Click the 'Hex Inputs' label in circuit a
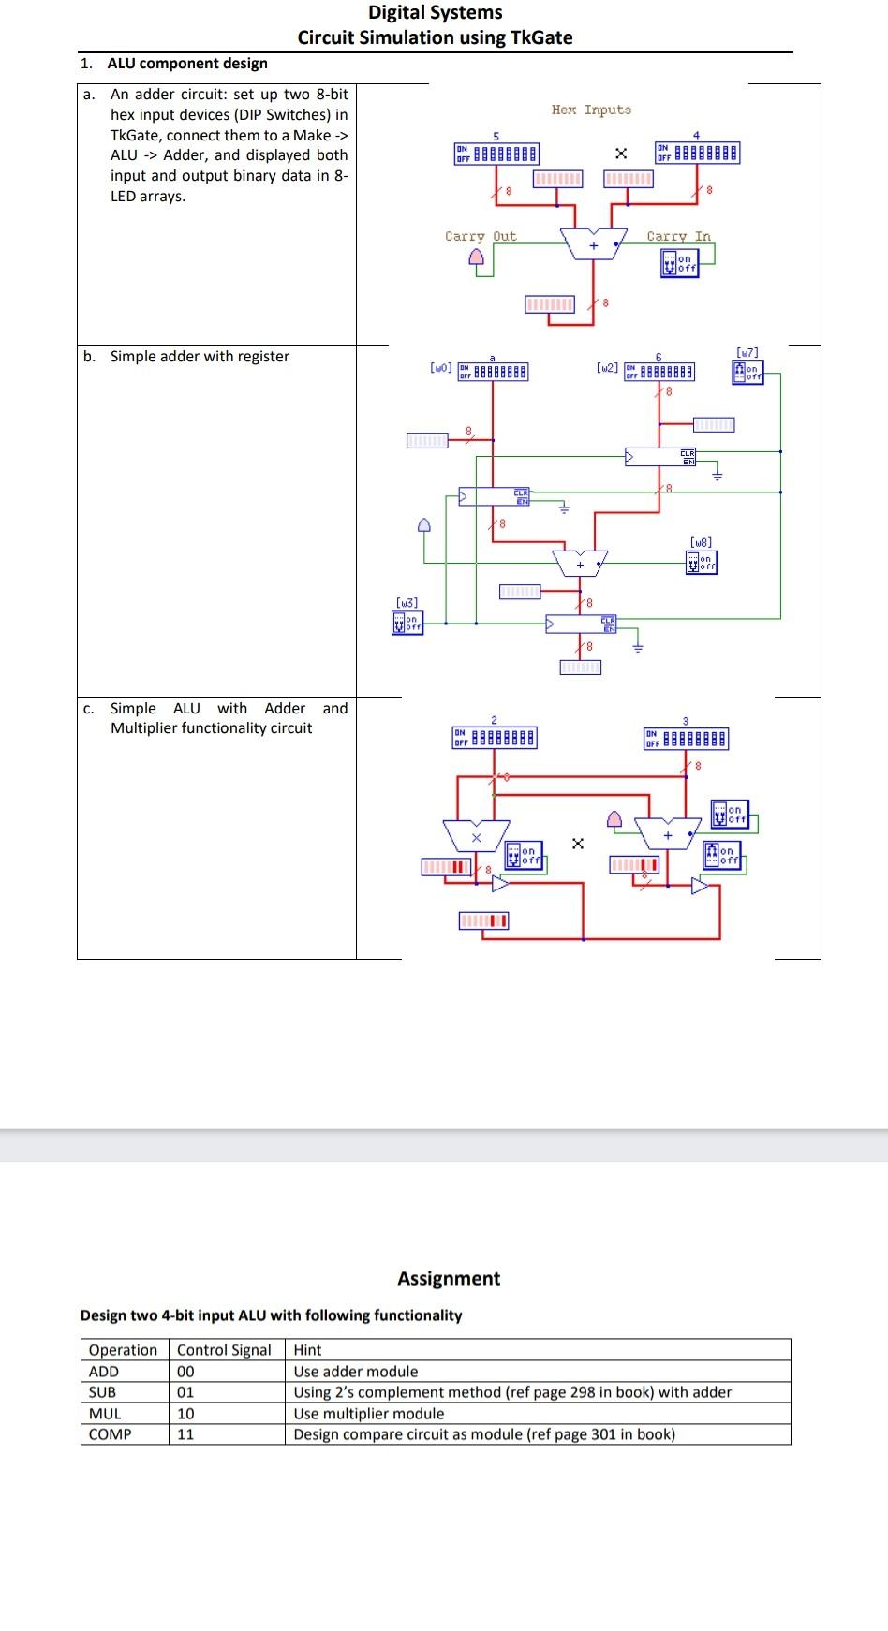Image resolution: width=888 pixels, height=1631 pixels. point(591,110)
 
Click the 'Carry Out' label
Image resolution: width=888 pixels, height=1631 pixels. point(480,236)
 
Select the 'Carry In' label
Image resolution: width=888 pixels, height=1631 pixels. point(678,236)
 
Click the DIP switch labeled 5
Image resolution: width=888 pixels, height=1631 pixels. point(496,153)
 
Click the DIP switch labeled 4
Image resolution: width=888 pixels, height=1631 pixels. point(697,152)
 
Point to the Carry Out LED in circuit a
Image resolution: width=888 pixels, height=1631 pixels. point(478,257)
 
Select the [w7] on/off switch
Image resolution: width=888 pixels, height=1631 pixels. point(747,372)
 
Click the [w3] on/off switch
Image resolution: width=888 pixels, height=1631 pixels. point(407,622)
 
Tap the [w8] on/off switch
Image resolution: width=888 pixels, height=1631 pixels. point(701,561)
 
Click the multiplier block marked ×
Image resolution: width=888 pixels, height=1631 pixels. point(476,834)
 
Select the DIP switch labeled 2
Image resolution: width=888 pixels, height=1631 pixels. point(495,738)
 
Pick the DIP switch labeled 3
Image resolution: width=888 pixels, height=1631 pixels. point(686,739)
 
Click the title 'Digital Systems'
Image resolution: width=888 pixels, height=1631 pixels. point(435,12)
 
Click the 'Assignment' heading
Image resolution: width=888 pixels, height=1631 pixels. point(449,1278)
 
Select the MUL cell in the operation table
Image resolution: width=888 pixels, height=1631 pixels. point(105,1413)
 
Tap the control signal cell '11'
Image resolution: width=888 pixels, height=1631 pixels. point(185,1433)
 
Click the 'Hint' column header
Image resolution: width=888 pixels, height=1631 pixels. point(307,1349)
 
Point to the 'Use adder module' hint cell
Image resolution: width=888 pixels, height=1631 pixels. point(356,1371)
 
